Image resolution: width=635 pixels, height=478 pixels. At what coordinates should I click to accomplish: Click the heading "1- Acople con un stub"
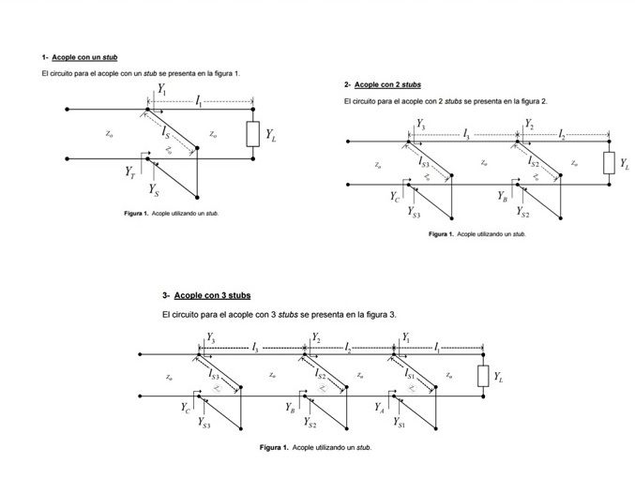pos(80,57)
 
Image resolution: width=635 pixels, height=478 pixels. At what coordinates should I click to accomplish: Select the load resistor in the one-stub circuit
pos(251,135)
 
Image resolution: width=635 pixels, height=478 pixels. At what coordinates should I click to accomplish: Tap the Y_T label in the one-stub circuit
pos(130,172)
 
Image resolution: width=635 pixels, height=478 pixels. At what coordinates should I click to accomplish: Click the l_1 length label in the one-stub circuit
pos(199,101)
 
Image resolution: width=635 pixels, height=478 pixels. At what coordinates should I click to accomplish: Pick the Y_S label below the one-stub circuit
pos(154,191)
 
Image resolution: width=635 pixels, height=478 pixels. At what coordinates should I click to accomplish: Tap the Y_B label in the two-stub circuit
pos(503,197)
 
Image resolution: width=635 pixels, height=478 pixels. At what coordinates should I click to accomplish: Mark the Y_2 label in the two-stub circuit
pos(529,124)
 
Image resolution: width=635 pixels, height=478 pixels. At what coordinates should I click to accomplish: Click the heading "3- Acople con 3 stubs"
pos(206,295)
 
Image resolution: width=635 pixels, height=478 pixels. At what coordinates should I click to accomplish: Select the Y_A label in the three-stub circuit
pos(379,408)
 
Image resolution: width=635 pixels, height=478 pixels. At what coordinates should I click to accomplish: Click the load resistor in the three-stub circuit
pos(483,376)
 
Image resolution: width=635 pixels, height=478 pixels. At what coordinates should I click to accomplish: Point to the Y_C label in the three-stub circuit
pos(186,408)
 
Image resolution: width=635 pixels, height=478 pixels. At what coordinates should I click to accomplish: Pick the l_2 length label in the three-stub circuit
pos(348,347)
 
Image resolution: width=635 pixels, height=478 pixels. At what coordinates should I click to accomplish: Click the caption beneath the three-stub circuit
pos(315,448)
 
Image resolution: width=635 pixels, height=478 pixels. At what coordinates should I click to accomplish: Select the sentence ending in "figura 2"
pos(446,100)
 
